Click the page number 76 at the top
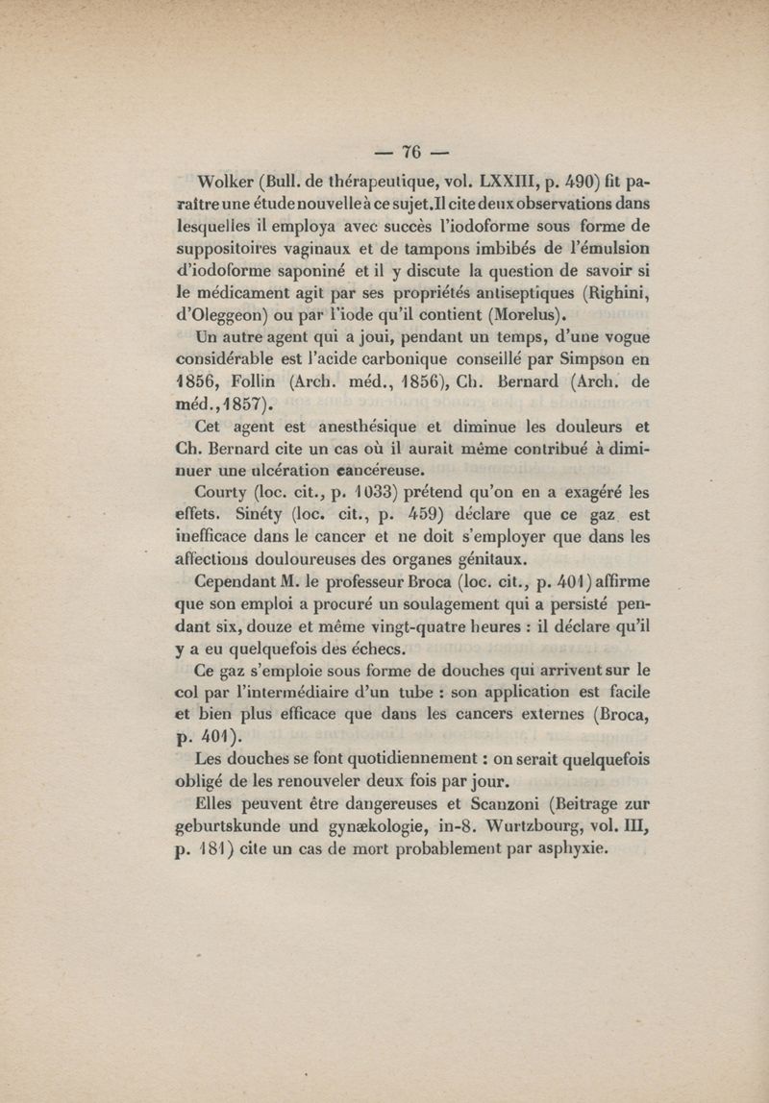[413, 152]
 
